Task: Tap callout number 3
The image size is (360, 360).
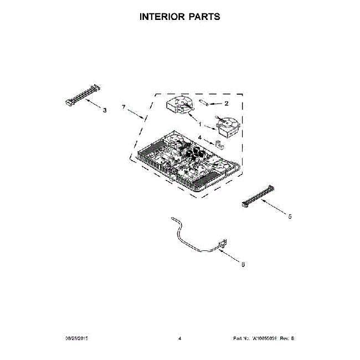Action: tap(105, 110)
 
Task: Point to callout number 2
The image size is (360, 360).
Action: tap(226, 103)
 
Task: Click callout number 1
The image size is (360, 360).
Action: tap(200, 125)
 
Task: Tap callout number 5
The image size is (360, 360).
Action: tap(290, 217)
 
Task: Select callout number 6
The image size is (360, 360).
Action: tap(243, 264)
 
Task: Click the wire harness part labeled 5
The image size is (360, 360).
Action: tap(257, 197)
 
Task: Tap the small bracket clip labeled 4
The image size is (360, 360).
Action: tap(219, 145)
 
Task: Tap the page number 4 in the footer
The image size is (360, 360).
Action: tap(180, 338)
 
